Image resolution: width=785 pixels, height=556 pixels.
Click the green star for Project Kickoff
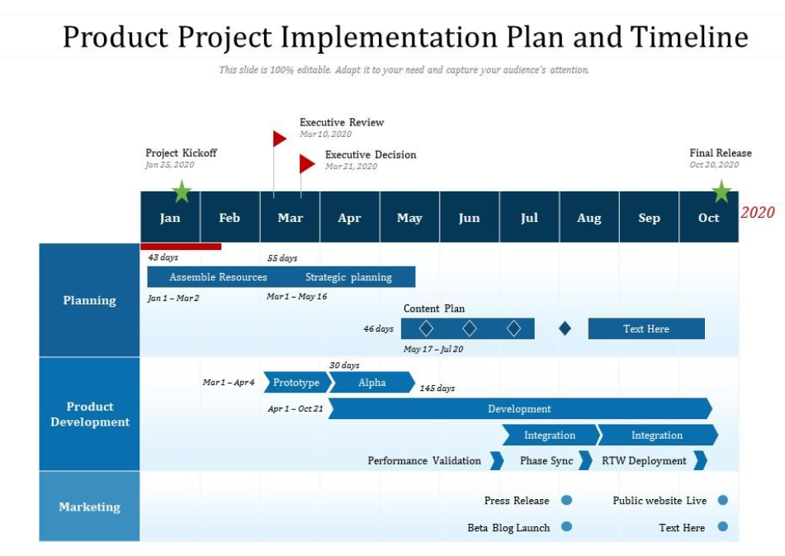tap(182, 191)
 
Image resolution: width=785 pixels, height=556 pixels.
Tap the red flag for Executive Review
tap(279, 138)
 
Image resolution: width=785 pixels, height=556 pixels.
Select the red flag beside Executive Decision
tap(307, 163)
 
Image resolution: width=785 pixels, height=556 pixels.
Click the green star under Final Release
tap(721, 191)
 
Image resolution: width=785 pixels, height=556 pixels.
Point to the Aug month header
tap(589, 217)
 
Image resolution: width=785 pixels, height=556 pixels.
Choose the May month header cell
tap(409, 217)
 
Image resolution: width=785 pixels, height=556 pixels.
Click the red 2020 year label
tap(758, 212)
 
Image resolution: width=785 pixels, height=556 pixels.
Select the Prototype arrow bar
tap(297, 382)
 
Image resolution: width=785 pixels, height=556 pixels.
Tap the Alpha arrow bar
tap(371, 382)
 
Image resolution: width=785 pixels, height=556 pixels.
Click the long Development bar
tap(520, 409)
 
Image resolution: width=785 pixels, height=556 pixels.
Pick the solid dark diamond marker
tap(565, 329)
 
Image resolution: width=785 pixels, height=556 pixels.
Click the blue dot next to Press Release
tap(567, 500)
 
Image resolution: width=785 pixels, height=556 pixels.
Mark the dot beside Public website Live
tap(722, 500)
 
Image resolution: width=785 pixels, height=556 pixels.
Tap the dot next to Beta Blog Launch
tap(567, 526)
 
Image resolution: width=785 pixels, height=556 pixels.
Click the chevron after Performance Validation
tap(497, 460)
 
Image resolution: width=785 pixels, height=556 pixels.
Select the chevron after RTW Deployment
tap(701, 460)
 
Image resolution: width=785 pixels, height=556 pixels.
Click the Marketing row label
tap(90, 507)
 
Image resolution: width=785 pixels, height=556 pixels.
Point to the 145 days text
tap(437, 388)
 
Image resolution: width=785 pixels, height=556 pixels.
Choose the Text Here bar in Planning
tap(646, 329)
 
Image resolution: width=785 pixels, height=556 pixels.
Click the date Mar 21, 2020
tap(351, 166)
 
